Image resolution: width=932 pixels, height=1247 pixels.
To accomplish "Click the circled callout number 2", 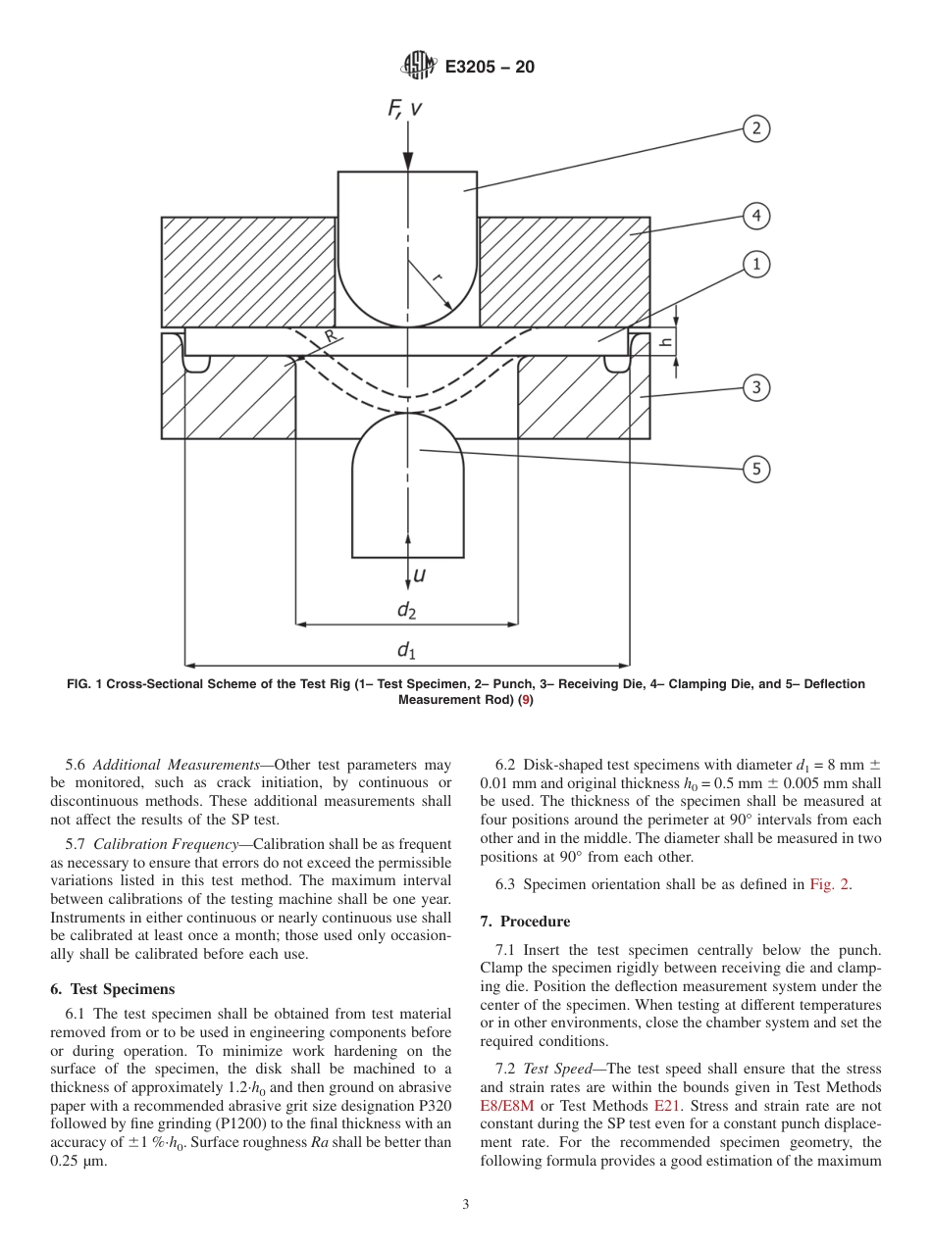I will (755, 128).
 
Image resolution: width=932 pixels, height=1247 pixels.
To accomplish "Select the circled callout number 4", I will (755, 216).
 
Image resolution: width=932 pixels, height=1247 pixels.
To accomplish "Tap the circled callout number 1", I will (755, 265).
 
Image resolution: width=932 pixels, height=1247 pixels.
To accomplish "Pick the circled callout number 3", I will (755, 387).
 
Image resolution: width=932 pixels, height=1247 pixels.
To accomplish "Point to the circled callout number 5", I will (755, 470).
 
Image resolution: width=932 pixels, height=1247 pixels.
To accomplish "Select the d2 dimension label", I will (406, 610).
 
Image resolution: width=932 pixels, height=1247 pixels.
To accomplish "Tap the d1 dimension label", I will (406, 650).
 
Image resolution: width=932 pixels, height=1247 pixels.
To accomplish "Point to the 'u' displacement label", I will (419, 574).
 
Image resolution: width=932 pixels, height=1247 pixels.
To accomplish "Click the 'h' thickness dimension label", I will (666, 341).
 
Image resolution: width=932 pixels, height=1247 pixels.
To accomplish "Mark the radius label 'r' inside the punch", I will (437, 278).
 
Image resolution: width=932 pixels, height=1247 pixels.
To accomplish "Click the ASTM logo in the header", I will (418, 68).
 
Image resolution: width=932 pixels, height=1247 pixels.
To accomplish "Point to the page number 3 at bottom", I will (465, 1205).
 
